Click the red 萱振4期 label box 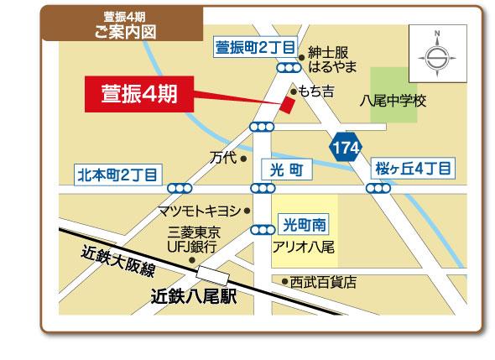click(141, 92)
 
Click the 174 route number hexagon click(346, 149)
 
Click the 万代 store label click(222, 157)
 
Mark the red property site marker click(288, 105)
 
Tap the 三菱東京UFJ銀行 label click(193, 239)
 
